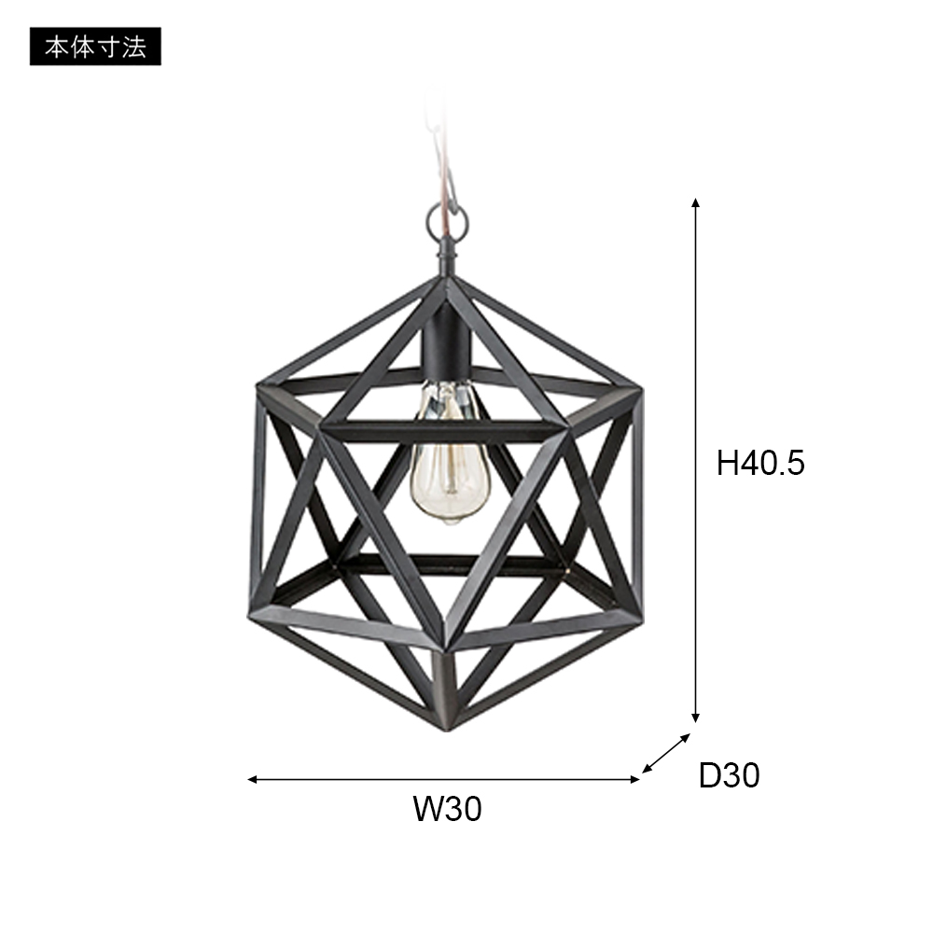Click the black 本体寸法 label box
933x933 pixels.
pyautogui.click(x=95, y=47)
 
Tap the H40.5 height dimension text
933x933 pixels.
pyautogui.click(x=759, y=463)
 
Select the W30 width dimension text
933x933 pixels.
pyautogui.click(x=448, y=809)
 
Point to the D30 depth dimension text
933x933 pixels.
pyautogui.click(x=729, y=775)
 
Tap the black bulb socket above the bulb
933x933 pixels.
pyautogui.click(x=446, y=344)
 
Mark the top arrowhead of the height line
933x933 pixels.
pyautogui.click(x=695, y=202)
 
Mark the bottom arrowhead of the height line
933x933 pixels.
pyautogui.click(x=695, y=718)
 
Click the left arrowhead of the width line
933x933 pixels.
pyautogui.click(x=252, y=779)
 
